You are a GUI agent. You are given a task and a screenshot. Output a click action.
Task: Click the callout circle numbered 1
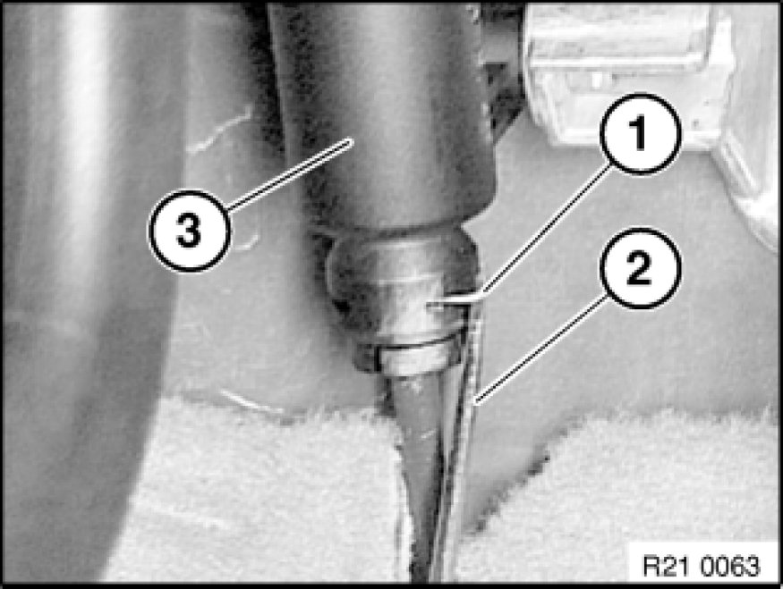click(x=641, y=134)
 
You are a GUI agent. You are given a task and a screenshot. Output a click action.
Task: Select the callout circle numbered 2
click(x=641, y=268)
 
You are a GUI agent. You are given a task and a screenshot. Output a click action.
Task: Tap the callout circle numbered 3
click(x=189, y=231)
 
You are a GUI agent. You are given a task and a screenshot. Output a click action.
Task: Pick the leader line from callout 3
click(x=291, y=173)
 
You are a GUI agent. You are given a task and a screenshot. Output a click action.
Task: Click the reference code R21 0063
click(x=701, y=566)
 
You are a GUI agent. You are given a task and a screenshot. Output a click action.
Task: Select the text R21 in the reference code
click(x=665, y=566)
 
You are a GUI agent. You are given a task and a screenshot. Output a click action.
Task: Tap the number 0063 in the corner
click(x=730, y=566)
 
